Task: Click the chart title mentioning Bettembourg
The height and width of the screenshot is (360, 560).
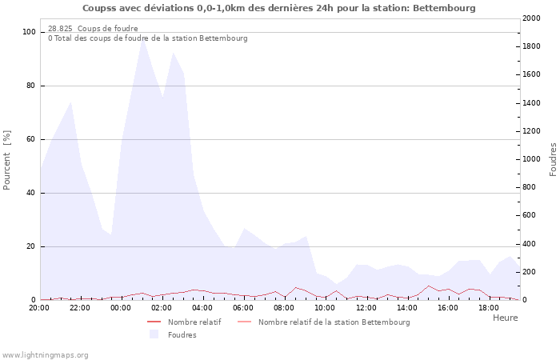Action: click(x=279, y=8)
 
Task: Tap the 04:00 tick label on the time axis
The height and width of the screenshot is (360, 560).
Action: click(x=202, y=308)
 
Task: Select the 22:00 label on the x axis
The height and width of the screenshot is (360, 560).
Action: click(x=80, y=308)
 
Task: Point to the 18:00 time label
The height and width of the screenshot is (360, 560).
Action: click(x=489, y=308)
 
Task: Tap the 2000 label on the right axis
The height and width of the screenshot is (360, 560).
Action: click(x=531, y=18)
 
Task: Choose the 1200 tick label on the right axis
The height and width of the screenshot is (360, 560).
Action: click(x=531, y=131)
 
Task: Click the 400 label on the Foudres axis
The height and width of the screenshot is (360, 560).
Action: click(x=530, y=244)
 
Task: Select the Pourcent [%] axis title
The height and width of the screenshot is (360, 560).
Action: click(x=6, y=160)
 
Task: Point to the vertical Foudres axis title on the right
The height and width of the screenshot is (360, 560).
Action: click(x=553, y=160)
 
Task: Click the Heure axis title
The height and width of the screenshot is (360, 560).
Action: click(x=506, y=318)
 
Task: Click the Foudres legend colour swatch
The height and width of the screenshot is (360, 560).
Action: click(x=154, y=334)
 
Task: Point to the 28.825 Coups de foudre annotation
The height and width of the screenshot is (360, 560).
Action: click(x=93, y=29)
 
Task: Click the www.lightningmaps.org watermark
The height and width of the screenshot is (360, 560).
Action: click(x=45, y=355)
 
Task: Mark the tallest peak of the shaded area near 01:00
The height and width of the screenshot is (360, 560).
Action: click(x=142, y=38)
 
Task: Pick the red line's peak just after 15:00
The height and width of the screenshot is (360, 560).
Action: click(x=428, y=286)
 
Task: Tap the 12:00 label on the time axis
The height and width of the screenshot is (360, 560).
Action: click(x=366, y=308)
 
